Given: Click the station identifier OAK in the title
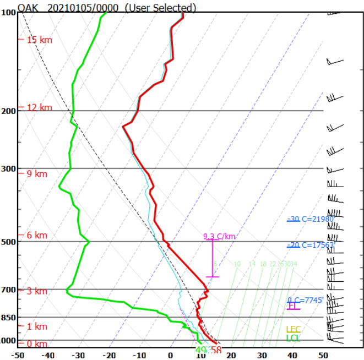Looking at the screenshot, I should pos(28,7).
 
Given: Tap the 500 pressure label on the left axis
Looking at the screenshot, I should pos(8,242).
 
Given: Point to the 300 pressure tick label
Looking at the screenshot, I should pos(8,168).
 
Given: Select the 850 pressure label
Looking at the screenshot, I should pos(8,318).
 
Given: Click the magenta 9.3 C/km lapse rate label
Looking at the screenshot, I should pos(219,237).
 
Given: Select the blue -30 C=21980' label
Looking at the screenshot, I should pos(311,219).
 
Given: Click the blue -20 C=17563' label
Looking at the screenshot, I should pos(311,245).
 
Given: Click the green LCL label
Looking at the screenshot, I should pos(293,338).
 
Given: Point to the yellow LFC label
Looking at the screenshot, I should pos(293,330).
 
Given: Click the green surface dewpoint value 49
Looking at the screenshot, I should pos(200,350).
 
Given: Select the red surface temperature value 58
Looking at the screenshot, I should pos(216,350).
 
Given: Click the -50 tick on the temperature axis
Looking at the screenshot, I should pos(18,355).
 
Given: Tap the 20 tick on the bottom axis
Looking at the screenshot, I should pos(231,355).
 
